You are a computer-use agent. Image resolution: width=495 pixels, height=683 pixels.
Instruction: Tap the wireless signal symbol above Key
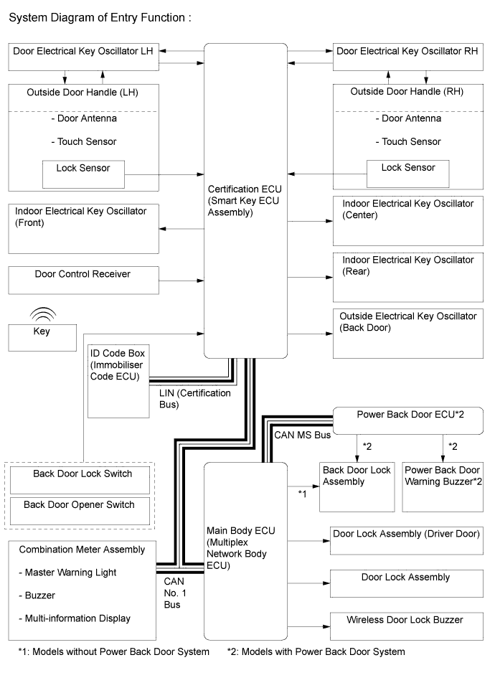pyautogui.click(x=42, y=315)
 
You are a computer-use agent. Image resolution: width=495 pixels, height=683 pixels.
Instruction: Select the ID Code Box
pyautogui.click(x=116, y=380)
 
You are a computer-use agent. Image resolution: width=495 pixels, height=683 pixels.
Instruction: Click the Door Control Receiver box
pyautogui.click(x=83, y=280)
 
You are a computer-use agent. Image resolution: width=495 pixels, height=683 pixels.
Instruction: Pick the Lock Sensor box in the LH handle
pyautogui.click(x=83, y=173)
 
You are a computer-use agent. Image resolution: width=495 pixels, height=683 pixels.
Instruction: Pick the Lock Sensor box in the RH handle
pyautogui.click(x=407, y=173)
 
